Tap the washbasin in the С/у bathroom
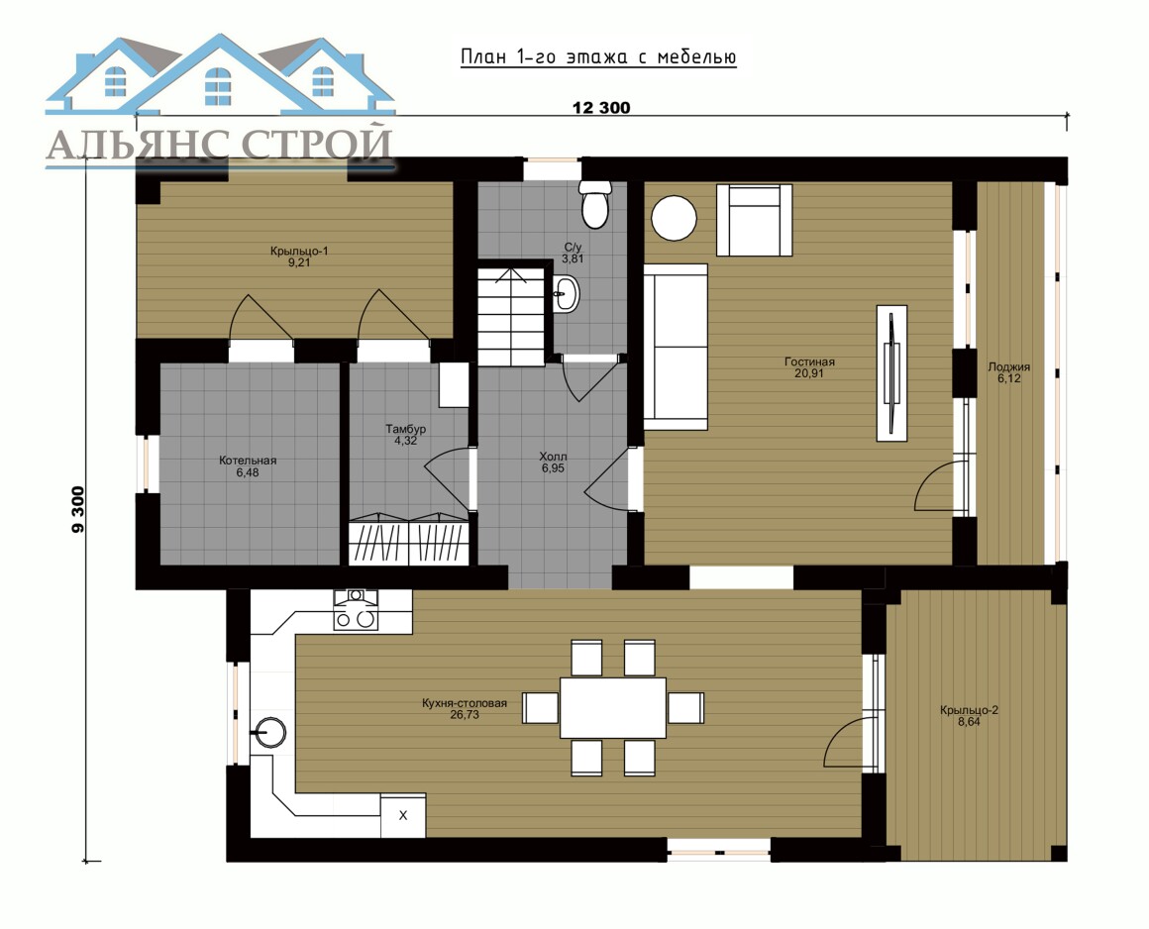click(566, 294)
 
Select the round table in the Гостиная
click(675, 218)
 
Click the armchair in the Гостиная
click(754, 220)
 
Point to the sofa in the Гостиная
click(675, 347)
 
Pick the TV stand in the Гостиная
click(891, 373)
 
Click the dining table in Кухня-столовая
click(612, 708)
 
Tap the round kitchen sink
click(269, 732)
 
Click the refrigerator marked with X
click(403, 815)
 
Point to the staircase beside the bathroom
click(511, 317)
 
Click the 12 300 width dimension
click(601, 108)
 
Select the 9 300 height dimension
click(78, 510)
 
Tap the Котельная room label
click(248, 465)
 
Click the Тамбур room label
click(406, 435)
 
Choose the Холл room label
click(554, 463)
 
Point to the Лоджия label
click(1009, 372)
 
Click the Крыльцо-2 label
click(969, 715)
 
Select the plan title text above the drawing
click(598, 57)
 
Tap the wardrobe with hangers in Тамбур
click(408, 542)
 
